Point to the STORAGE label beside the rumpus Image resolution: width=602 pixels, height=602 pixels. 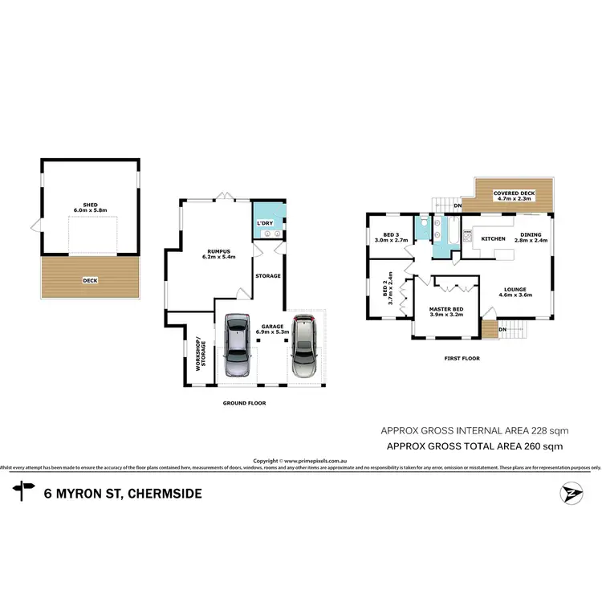point(267,276)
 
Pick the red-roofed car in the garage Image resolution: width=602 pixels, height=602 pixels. point(303,346)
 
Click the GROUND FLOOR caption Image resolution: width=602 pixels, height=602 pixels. point(246,403)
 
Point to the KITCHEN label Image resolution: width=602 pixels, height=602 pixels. point(493,239)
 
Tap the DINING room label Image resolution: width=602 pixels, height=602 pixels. point(531,235)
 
